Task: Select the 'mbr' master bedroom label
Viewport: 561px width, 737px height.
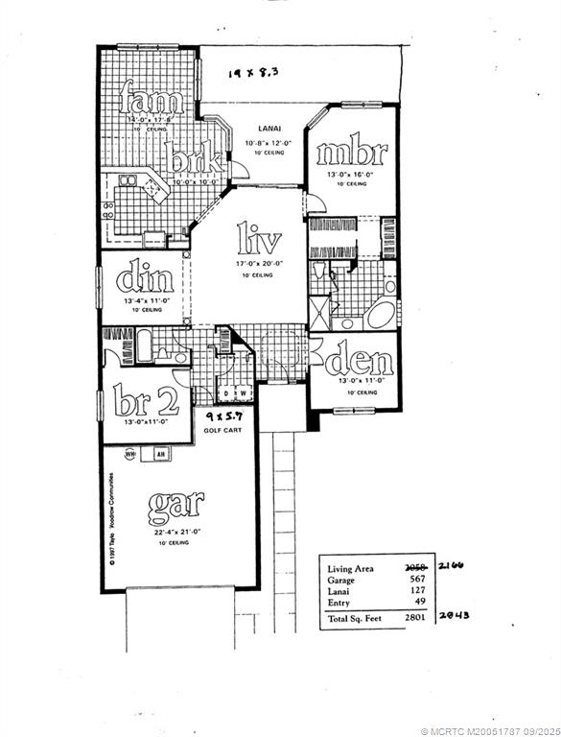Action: click(351, 153)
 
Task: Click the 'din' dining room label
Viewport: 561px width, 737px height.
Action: click(146, 279)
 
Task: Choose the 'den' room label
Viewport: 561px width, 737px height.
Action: click(359, 361)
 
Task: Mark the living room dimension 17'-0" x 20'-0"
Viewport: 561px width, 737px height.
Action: click(255, 263)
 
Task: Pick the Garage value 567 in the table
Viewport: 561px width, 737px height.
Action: click(417, 579)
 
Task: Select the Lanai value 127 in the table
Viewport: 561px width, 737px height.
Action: click(417, 591)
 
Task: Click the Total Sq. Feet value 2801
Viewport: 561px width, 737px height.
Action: click(414, 619)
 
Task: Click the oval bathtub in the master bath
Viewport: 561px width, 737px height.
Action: click(381, 315)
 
